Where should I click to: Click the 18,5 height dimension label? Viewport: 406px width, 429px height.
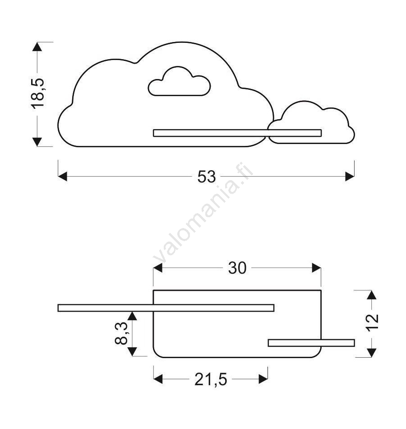coord(38,94)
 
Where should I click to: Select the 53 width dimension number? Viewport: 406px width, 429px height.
coord(207,177)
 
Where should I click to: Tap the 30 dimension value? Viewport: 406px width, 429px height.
coord(237,268)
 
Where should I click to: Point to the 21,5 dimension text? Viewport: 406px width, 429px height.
coord(211,379)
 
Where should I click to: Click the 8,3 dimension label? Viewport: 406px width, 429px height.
coord(121,333)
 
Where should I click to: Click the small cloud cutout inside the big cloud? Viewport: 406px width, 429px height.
coord(180,81)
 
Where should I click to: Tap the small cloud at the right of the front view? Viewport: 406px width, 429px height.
coord(311,122)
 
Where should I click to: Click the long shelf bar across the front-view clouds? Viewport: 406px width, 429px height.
coord(237,133)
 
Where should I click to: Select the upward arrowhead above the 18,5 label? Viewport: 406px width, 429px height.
coord(37,47)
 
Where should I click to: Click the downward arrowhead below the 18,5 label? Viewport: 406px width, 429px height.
coord(37,142)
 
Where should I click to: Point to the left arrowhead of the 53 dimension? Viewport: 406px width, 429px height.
coord(63,177)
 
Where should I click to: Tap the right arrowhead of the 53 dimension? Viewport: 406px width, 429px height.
coord(350,177)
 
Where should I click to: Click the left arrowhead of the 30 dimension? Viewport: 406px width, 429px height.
coord(158,268)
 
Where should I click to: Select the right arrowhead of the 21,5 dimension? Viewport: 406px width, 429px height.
coord(263,379)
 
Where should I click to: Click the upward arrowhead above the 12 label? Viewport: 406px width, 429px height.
coord(372,295)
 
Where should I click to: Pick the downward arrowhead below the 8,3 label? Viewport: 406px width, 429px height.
coord(132,352)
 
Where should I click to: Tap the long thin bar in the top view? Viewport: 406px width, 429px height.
coord(166,308)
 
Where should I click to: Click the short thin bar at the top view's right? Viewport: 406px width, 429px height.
coord(311,343)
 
